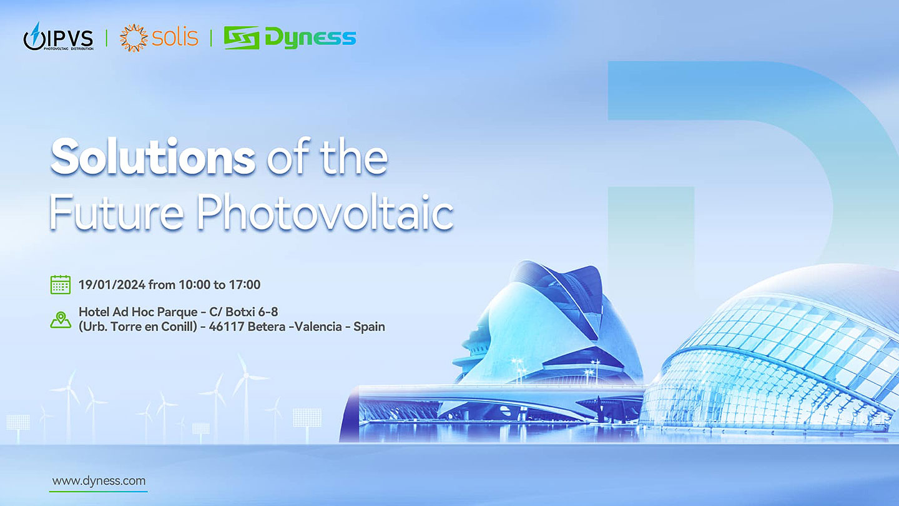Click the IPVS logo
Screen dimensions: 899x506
click(x=59, y=36)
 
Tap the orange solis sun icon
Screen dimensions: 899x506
click(x=134, y=37)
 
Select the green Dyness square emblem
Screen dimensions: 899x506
click(x=241, y=37)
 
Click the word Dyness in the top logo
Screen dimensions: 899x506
click(x=310, y=37)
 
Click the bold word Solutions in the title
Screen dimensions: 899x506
click(x=153, y=157)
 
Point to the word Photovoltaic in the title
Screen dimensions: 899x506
click(x=325, y=212)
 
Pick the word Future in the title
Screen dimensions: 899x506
click(x=116, y=212)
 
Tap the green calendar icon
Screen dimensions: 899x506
click(x=61, y=285)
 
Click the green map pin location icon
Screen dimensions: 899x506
click(x=61, y=320)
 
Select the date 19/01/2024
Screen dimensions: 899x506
click(x=112, y=285)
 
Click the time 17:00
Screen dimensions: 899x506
click(x=245, y=285)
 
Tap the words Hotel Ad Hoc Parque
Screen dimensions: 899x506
click(x=138, y=312)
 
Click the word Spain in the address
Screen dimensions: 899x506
click(x=369, y=327)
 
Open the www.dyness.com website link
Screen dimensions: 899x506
click(x=99, y=481)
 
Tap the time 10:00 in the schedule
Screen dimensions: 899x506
click(x=195, y=285)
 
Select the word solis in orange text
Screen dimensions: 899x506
click(x=175, y=37)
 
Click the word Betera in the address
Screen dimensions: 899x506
click(x=267, y=327)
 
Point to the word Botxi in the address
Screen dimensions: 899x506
click(x=241, y=312)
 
